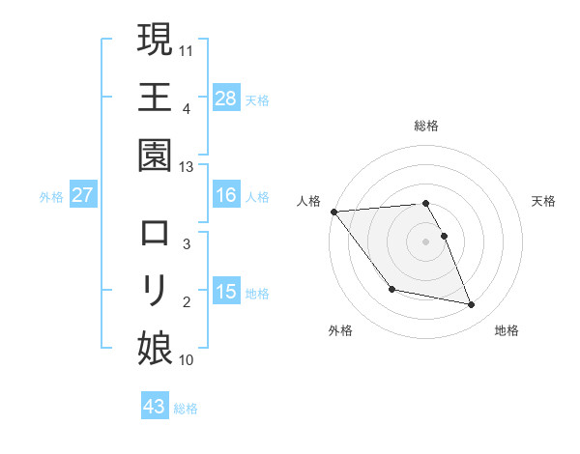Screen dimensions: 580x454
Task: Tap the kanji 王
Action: click(x=155, y=97)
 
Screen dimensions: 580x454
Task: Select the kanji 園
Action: click(x=155, y=155)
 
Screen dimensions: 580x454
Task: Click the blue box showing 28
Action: click(x=226, y=98)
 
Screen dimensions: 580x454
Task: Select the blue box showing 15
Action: click(x=226, y=292)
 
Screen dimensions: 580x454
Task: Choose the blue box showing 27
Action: click(x=83, y=195)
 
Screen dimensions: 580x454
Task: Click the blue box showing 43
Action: click(x=155, y=407)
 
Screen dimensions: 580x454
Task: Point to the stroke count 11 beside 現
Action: click(x=187, y=50)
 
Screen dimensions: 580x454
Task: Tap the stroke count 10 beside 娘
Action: click(x=187, y=360)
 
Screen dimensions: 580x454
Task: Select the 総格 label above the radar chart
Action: click(x=426, y=126)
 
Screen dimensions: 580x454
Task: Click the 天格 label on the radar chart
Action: click(x=544, y=201)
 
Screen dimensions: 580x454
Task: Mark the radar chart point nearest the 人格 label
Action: click(x=333, y=212)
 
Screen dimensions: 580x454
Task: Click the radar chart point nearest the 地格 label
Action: click(x=472, y=305)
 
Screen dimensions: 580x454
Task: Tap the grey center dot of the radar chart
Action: click(x=426, y=241)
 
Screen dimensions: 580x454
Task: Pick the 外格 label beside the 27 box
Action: click(x=51, y=196)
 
